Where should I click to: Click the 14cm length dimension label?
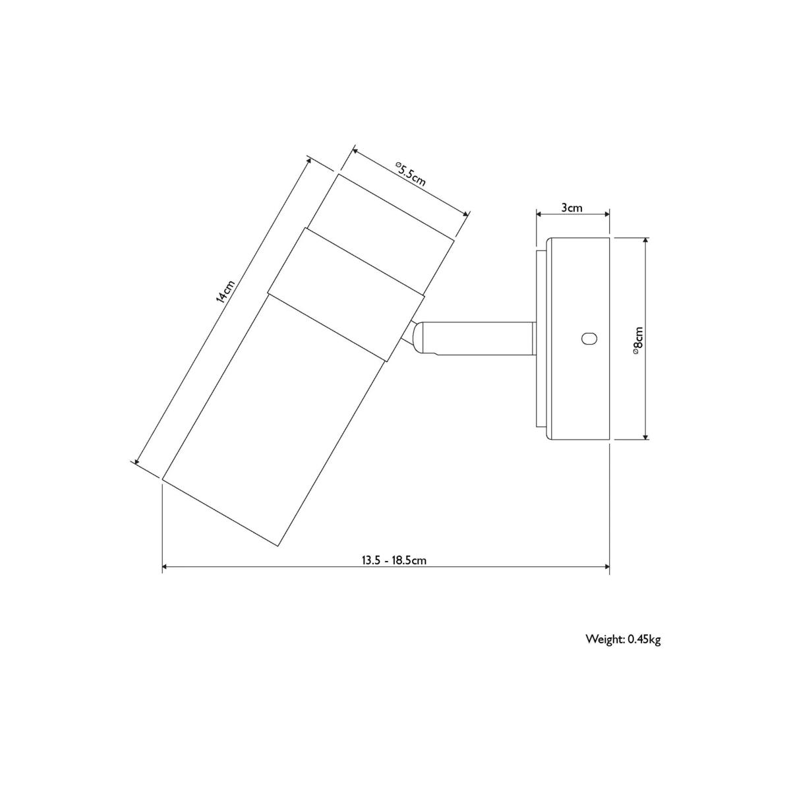click(225, 291)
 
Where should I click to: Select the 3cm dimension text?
click(571, 208)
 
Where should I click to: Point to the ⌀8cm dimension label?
click(638, 340)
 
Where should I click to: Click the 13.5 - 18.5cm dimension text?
click(394, 560)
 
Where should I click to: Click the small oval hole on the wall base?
click(589, 339)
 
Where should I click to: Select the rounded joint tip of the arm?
click(419, 338)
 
